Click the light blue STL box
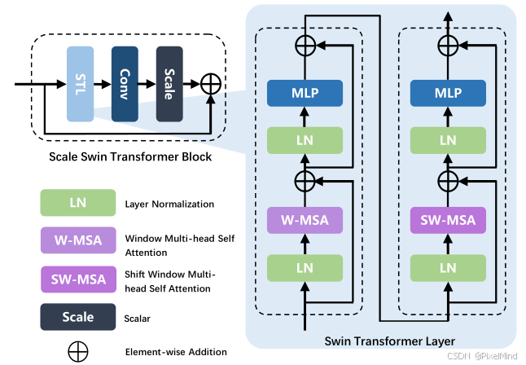tap(81, 84)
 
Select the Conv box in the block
tap(125, 84)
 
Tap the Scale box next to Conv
tap(169, 84)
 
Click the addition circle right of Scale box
tap(210, 84)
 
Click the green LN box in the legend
tap(78, 203)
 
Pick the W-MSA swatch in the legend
tap(78, 240)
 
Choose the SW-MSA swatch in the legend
tap(78, 279)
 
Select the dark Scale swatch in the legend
tap(78, 316)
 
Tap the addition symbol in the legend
tap(78, 351)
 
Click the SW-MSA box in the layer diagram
tap(448, 220)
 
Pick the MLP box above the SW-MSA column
tap(448, 93)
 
